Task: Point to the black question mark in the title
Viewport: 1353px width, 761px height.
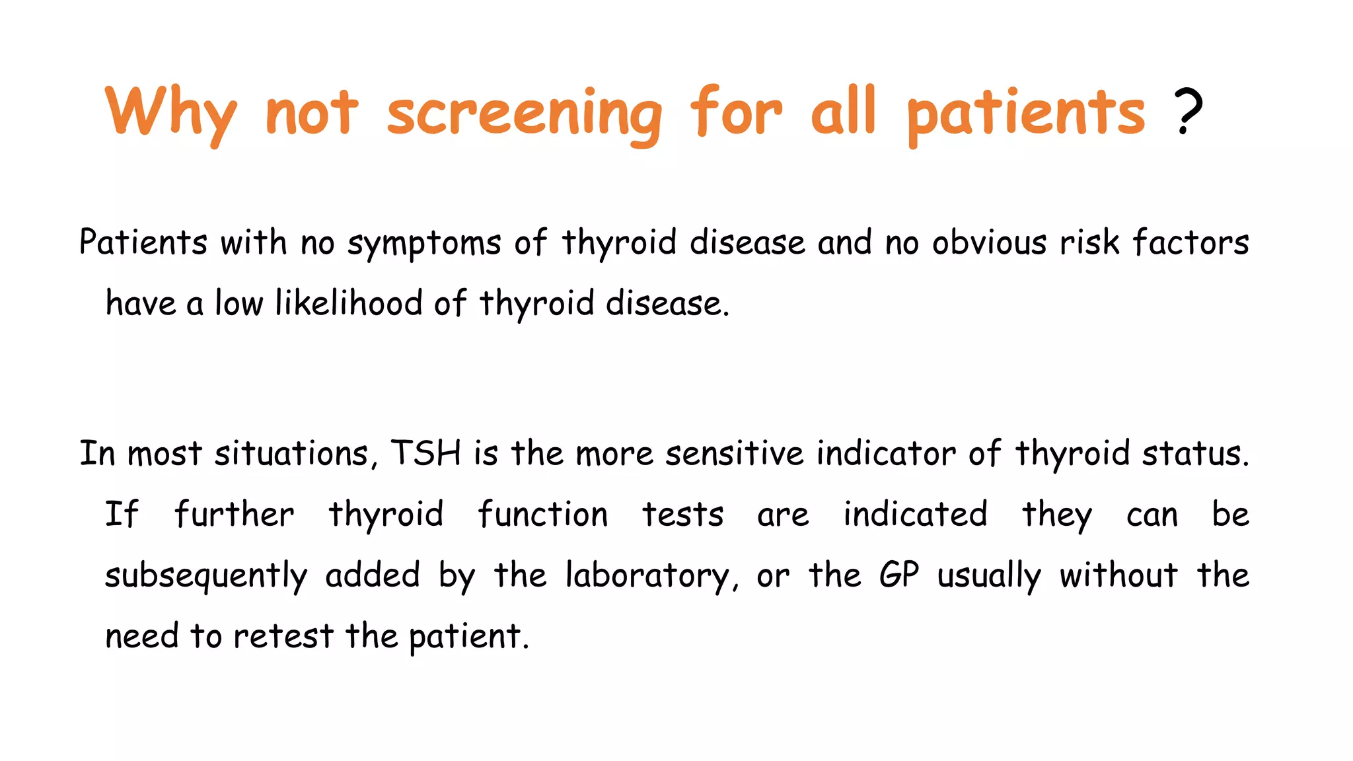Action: coord(1188,112)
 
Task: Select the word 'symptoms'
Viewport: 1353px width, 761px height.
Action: coord(424,243)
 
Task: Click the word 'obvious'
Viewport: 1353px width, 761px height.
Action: coord(989,242)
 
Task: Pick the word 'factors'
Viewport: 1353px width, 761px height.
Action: coord(1190,242)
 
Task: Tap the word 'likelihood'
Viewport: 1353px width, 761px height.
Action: coord(348,303)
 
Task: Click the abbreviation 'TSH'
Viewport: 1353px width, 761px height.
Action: coord(425,454)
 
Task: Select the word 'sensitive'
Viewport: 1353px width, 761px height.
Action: coord(734,454)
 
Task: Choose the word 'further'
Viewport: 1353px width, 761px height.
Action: coord(234,515)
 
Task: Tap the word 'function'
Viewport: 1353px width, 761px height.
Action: coord(542,515)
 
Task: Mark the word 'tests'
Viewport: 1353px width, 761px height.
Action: coord(682,515)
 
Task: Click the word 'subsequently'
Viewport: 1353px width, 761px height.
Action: coord(206,575)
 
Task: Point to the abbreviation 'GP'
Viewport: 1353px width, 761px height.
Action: coord(898,575)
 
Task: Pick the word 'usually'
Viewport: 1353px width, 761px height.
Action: coord(989,575)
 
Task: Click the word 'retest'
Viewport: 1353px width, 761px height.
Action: coord(283,636)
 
